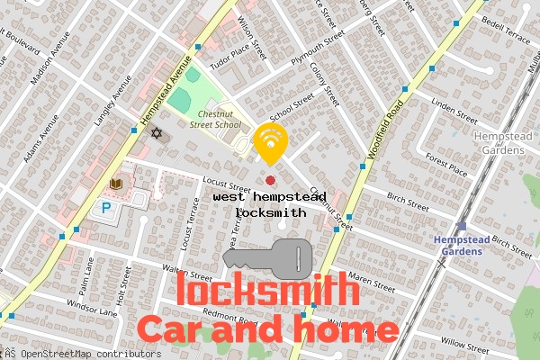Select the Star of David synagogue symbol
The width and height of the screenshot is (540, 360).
(157, 133)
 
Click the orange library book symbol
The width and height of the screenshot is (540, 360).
(115, 184)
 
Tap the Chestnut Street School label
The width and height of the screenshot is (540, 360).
(205, 120)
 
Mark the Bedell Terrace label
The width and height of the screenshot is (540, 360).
(508, 21)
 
